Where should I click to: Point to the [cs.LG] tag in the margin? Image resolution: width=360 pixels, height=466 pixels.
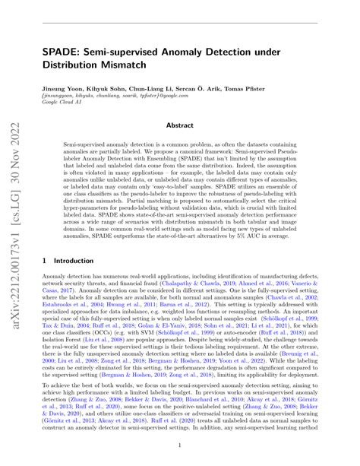point(15,142)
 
